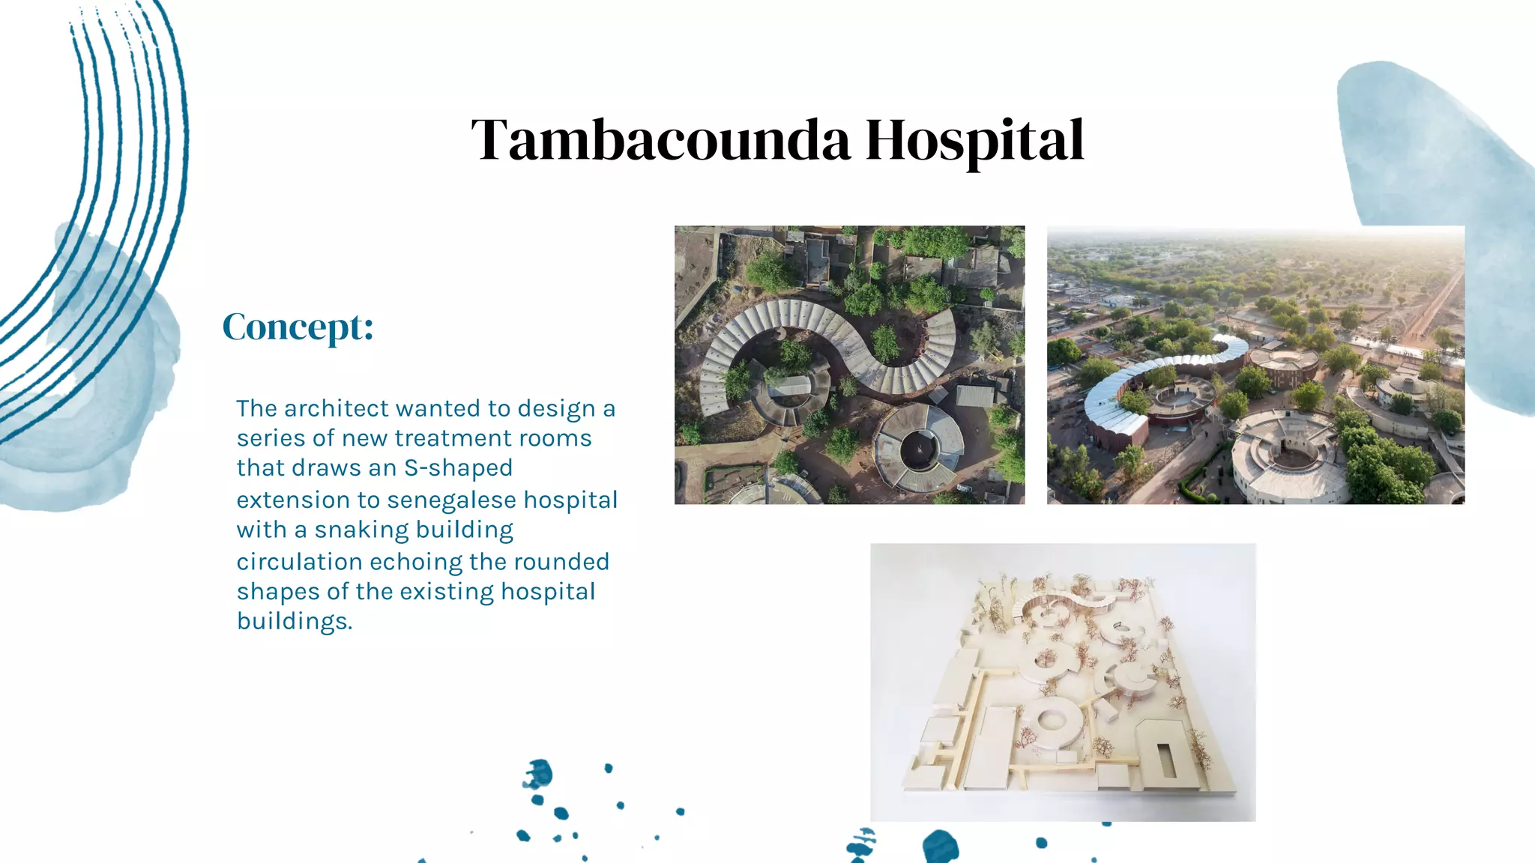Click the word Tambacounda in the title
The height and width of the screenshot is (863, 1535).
[x=660, y=140]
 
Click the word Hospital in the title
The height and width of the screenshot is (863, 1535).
[x=974, y=140]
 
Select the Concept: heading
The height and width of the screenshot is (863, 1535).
[x=298, y=327]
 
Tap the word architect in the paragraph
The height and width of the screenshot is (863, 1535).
[x=337, y=408]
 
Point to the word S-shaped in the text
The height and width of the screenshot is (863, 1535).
[x=458, y=468]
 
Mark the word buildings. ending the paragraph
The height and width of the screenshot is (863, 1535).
[x=295, y=621]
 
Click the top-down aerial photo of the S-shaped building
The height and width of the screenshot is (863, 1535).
[x=849, y=364]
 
